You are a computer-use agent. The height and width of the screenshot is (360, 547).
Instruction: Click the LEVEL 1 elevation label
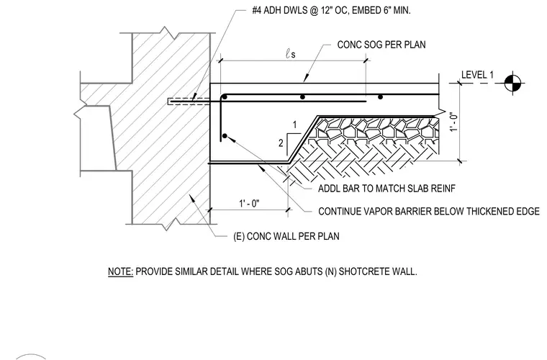click(477, 75)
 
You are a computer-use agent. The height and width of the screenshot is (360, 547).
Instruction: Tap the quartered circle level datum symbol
click(512, 84)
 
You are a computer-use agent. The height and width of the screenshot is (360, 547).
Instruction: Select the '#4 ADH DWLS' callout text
click(280, 11)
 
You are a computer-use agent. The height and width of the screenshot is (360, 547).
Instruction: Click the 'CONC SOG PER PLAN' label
click(381, 45)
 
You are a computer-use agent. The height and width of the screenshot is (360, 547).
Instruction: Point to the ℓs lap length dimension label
click(291, 54)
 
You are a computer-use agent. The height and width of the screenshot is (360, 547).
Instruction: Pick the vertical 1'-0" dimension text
click(453, 122)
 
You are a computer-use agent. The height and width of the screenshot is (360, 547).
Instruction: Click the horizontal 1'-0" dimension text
click(249, 203)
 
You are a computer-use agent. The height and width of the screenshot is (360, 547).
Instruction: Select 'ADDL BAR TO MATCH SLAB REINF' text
click(386, 189)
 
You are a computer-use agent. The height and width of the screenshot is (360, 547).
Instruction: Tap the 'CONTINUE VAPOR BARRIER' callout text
click(429, 212)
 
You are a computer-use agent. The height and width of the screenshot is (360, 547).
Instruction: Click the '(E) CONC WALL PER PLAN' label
click(286, 236)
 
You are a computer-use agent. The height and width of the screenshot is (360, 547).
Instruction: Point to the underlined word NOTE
click(120, 271)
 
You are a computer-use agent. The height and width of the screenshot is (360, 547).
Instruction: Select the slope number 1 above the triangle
click(295, 125)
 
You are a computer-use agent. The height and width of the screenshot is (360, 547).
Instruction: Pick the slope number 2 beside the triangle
click(281, 143)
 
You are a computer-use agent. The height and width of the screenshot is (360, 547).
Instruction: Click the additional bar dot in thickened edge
click(225, 136)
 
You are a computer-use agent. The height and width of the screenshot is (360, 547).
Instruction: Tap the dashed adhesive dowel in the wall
click(189, 102)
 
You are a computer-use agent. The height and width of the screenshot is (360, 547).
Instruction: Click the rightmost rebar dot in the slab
click(380, 96)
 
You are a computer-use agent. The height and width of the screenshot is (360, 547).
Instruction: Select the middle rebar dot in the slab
click(302, 96)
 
